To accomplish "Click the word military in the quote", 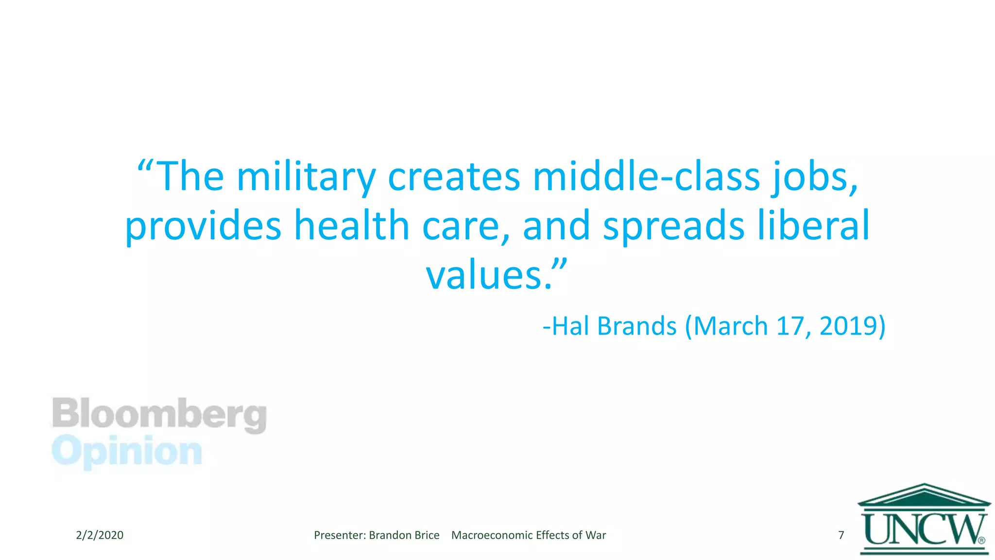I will click(306, 177).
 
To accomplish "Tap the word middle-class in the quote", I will click(646, 177).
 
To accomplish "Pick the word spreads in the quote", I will click(673, 226).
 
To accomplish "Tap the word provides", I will click(203, 226).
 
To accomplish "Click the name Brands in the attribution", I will click(636, 326).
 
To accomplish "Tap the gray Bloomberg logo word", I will click(159, 414).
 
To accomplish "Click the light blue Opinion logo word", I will click(127, 452).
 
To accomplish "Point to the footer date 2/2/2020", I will click(100, 535).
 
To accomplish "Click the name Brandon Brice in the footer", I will click(404, 535).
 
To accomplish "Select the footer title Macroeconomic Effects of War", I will click(529, 535).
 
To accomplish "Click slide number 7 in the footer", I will click(841, 535).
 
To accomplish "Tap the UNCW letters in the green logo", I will click(923, 530).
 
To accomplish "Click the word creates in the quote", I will click(454, 177).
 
